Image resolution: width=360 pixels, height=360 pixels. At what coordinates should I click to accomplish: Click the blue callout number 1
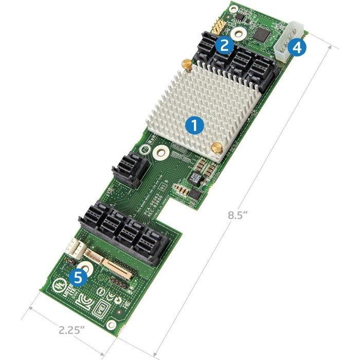click(194, 124)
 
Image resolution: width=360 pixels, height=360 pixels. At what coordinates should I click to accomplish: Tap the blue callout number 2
click(223, 44)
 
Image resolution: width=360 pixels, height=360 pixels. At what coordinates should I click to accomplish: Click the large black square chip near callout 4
click(264, 35)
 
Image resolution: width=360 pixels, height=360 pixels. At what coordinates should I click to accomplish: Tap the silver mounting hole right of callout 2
click(239, 35)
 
